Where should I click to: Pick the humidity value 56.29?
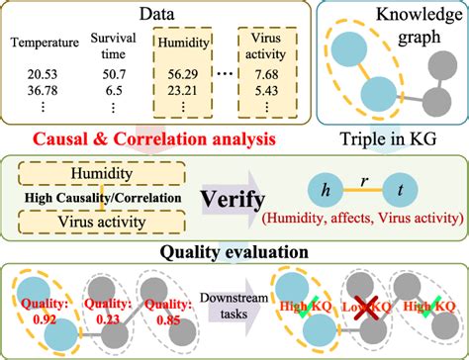point(183,73)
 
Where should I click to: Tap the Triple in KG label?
point(393,139)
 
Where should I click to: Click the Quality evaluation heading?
point(236,249)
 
